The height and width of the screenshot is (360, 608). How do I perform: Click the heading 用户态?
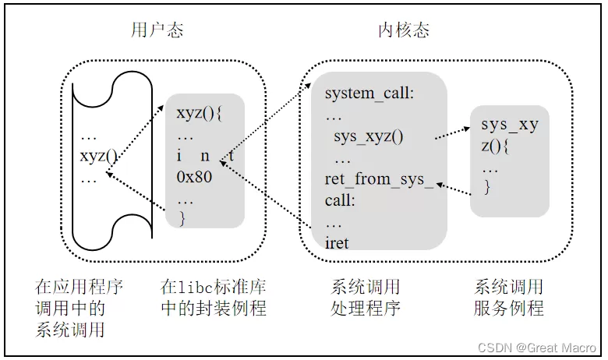tap(157, 30)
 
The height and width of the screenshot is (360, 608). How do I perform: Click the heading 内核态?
tap(403, 30)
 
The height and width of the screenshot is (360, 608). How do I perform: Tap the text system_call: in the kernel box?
tap(369, 94)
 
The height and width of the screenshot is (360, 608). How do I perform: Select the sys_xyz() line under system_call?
tap(369, 137)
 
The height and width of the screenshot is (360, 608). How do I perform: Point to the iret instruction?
tap(337, 243)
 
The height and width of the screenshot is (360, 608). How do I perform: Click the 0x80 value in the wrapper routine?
tap(194, 176)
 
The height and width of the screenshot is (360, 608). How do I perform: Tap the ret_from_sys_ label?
tap(379, 180)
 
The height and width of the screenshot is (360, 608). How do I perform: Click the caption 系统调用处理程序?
tap(366, 298)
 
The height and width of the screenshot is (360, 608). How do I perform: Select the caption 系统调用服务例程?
tap(508, 298)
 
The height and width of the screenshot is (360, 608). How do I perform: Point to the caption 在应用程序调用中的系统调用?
tap(79, 308)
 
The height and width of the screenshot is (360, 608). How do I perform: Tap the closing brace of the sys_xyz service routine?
tap(486, 188)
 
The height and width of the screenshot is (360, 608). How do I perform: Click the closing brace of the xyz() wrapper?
tap(182, 219)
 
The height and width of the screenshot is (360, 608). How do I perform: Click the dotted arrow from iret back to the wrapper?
tap(269, 199)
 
